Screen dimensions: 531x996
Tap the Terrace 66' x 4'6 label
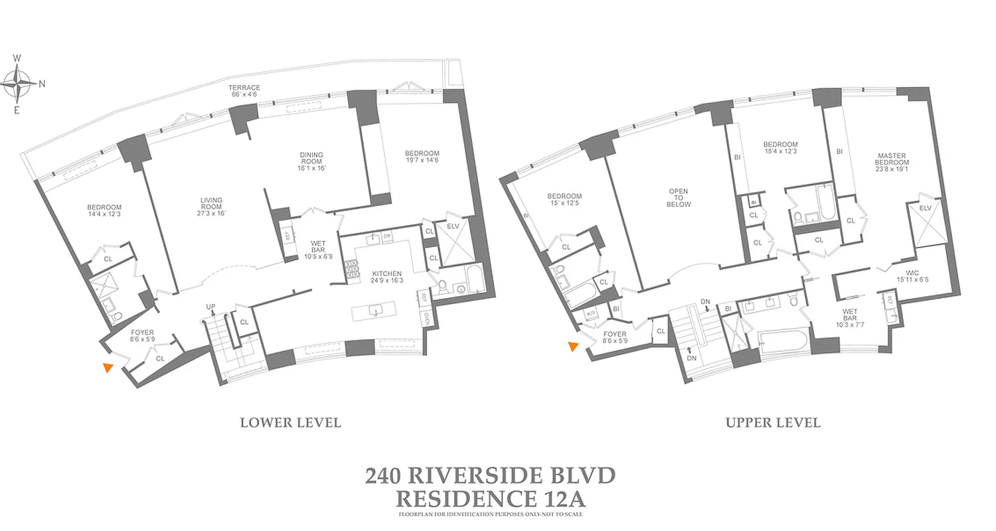(x=244, y=91)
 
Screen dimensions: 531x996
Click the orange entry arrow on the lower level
(x=108, y=368)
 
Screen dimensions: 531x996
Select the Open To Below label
(x=678, y=198)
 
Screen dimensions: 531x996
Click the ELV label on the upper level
(x=926, y=208)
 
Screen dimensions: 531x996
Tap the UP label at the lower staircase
(x=210, y=306)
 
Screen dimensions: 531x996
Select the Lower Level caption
(x=290, y=423)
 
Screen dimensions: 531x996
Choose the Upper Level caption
(x=773, y=423)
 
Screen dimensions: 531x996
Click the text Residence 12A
(x=490, y=497)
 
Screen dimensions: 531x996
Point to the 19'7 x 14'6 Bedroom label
(x=422, y=157)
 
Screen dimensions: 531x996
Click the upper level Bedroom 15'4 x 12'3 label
(x=780, y=148)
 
